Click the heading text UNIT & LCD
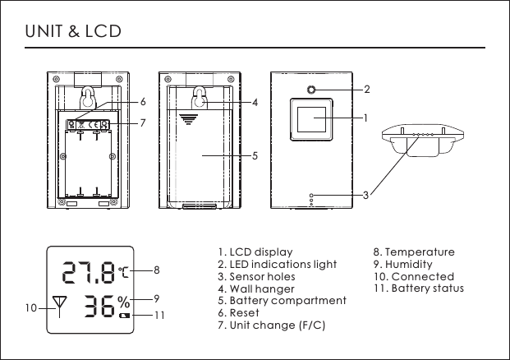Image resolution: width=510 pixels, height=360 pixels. pos(73,32)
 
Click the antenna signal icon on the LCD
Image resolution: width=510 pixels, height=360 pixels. pos(58,306)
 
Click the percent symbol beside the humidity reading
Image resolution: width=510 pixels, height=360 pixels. pos(123,301)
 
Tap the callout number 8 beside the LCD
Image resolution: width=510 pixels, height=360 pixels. pos(156,269)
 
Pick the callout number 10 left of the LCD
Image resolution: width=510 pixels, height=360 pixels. pos(30,310)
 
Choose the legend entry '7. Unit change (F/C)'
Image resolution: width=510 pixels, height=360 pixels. pos(272,325)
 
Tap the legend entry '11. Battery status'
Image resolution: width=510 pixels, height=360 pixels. pos(419,288)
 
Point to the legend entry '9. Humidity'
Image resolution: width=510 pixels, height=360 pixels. pos(402,265)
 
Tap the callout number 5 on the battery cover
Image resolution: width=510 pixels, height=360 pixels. pos(255,155)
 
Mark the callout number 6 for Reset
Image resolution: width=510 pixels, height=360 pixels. pos(143,103)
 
